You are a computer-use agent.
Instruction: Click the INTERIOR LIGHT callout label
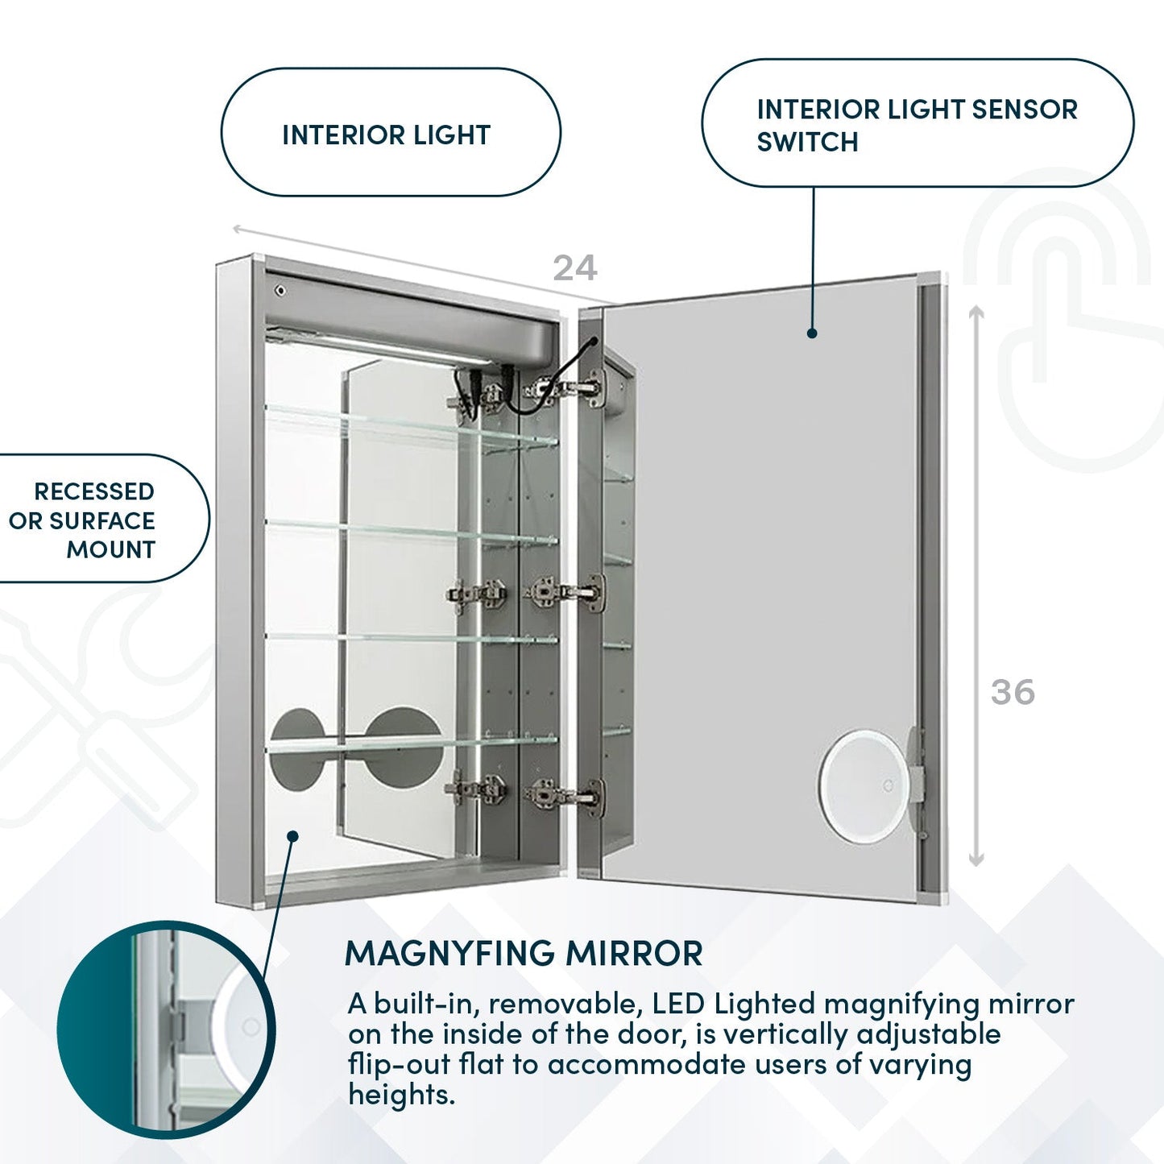click(387, 135)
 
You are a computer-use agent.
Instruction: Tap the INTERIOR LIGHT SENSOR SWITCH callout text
click(917, 125)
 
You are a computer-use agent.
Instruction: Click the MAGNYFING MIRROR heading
click(523, 954)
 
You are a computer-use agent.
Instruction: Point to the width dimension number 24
click(574, 268)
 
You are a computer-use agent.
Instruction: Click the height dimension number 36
click(1013, 692)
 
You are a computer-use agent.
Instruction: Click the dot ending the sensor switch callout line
click(812, 333)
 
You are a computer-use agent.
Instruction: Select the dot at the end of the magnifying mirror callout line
click(293, 836)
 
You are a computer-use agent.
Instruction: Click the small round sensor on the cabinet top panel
click(280, 290)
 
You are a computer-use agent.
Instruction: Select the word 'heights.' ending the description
click(401, 1095)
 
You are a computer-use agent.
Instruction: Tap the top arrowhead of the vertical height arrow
click(976, 313)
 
